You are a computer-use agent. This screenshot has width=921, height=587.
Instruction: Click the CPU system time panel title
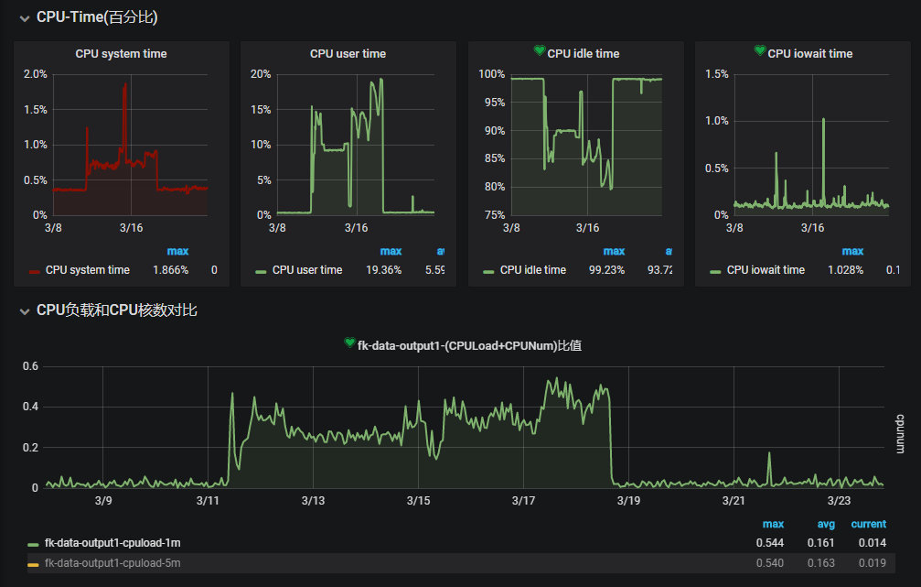pyautogui.click(x=121, y=54)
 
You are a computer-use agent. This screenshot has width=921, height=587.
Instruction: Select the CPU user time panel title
pyautogui.click(x=348, y=54)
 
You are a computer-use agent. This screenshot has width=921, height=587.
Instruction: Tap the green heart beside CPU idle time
pyautogui.click(x=540, y=51)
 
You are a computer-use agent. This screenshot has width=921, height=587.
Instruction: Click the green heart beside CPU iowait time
pyautogui.click(x=760, y=51)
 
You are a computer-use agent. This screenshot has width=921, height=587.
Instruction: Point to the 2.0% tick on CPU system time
pyautogui.click(x=35, y=74)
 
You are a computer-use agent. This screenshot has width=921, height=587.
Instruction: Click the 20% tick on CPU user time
pyautogui.click(x=260, y=74)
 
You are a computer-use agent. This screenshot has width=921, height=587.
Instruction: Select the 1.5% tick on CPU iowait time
pyautogui.click(x=717, y=74)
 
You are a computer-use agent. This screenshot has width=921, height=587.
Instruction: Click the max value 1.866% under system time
pyautogui.click(x=170, y=270)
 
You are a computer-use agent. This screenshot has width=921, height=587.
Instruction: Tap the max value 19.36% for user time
pyautogui.click(x=383, y=270)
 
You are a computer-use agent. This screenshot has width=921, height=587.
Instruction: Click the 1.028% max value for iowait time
pyautogui.click(x=845, y=270)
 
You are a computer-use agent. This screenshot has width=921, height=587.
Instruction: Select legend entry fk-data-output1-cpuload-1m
pyautogui.click(x=112, y=543)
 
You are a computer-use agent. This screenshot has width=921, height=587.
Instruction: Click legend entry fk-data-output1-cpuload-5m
pyautogui.click(x=112, y=563)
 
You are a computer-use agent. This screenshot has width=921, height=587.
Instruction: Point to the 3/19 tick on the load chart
pyautogui.click(x=628, y=501)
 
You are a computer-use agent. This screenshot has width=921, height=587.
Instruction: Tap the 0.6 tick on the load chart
pyautogui.click(x=30, y=366)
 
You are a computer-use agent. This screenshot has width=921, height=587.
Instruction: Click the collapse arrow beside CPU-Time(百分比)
pyautogui.click(x=25, y=17)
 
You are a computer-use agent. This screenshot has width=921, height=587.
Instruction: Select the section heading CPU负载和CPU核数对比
pyautogui.click(x=116, y=310)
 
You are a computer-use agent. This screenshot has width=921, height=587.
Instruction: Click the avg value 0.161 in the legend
pyautogui.click(x=821, y=543)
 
